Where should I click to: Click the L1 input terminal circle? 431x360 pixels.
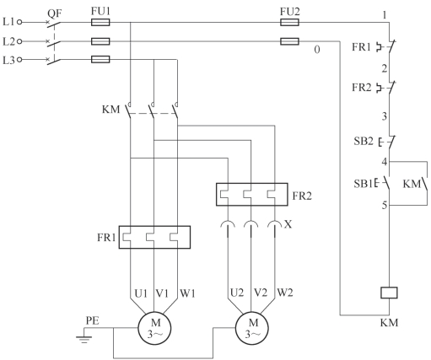[x=19, y=22]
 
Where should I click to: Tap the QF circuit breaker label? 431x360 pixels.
[x=55, y=13]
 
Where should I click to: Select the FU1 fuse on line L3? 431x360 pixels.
[x=100, y=59]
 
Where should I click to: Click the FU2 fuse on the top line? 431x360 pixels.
[x=289, y=22]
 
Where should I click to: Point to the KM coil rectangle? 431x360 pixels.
[x=389, y=293]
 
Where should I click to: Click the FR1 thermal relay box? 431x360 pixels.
[x=154, y=237]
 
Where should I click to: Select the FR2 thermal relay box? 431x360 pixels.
[x=252, y=195]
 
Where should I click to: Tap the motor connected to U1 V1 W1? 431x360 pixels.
[x=154, y=328]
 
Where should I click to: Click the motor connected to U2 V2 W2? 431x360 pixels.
[x=252, y=328]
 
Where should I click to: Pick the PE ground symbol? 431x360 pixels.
[x=84, y=335]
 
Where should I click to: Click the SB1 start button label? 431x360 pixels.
[x=364, y=184]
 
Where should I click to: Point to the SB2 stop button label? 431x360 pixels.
[x=364, y=141]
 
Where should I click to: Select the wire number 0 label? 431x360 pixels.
[x=317, y=50]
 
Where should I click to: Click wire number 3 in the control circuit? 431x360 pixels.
[x=385, y=116]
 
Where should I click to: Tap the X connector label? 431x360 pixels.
[x=288, y=224]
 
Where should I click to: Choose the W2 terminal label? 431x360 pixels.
[x=285, y=293]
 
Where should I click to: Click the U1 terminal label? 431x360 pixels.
[x=141, y=293]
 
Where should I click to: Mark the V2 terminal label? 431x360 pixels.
[x=261, y=293]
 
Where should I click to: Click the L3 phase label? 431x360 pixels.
[x=8, y=60]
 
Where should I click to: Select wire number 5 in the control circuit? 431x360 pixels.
[x=385, y=205]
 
